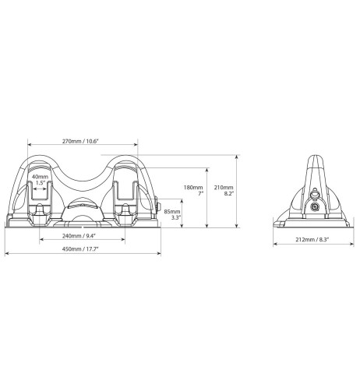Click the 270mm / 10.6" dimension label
(84, 140)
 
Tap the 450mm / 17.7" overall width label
(84, 250)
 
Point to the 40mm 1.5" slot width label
(39, 180)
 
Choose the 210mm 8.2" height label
(224, 189)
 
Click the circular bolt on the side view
(314, 207)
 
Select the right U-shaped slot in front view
(125, 199)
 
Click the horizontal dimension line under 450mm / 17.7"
(84, 255)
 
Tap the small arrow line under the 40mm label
(40, 188)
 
